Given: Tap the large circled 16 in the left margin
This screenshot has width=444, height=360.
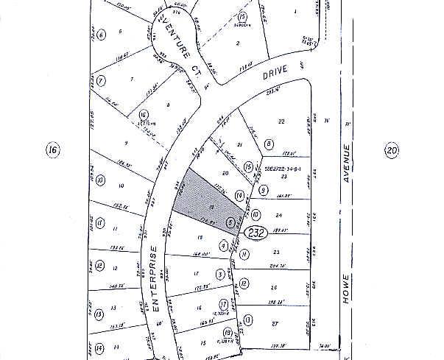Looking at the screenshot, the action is (52, 151).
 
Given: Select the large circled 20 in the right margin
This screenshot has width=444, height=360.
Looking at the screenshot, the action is (391, 151).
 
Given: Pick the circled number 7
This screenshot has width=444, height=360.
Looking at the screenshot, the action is (101, 80).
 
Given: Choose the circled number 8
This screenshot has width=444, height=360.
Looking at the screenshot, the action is (269, 144).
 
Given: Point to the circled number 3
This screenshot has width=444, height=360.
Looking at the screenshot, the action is (219, 275).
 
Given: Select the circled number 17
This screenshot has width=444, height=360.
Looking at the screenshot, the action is (224, 303).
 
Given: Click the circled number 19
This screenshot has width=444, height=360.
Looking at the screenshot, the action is (228, 332).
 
